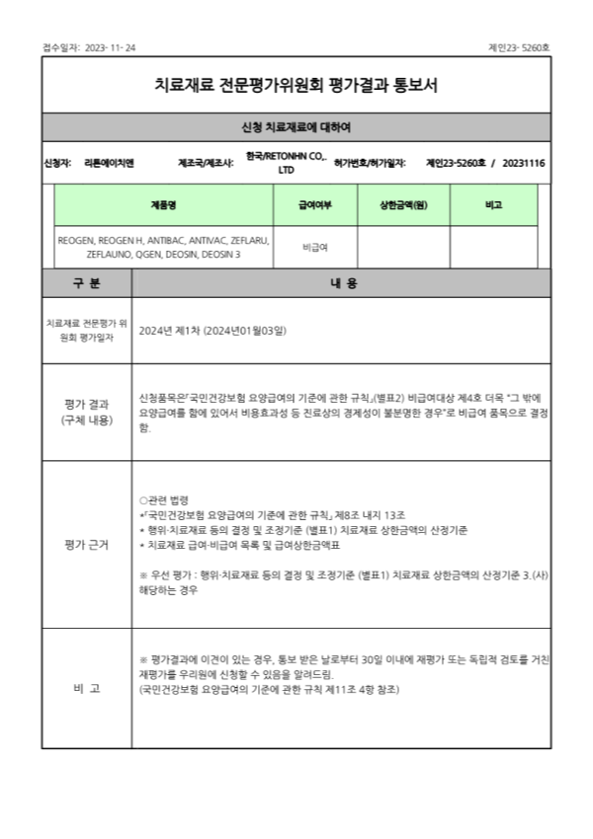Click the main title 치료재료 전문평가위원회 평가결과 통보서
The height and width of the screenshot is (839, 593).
coord(296,85)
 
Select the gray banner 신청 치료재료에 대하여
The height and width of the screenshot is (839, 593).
coord(296,127)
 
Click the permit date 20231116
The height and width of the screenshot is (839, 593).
coord(524,162)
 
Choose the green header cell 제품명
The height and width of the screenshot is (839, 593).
coord(163,204)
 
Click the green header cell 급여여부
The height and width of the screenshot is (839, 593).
coord(315,204)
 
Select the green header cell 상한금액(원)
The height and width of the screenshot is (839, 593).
coord(403,204)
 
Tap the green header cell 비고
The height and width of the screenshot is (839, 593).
coord(494,204)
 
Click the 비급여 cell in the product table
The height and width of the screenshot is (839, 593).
coord(315,247)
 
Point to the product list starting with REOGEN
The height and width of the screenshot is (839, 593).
coord(163,247)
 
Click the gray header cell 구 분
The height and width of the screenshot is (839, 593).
coord(87,283)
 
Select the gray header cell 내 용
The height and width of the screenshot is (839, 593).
coord(342,283)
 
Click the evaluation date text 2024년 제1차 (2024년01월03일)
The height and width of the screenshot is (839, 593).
coord(212,331)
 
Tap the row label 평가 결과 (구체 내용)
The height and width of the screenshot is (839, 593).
coord(87,413)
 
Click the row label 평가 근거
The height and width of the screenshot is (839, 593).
coord(87,544)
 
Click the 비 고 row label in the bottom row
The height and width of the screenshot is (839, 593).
coord(87,688)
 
